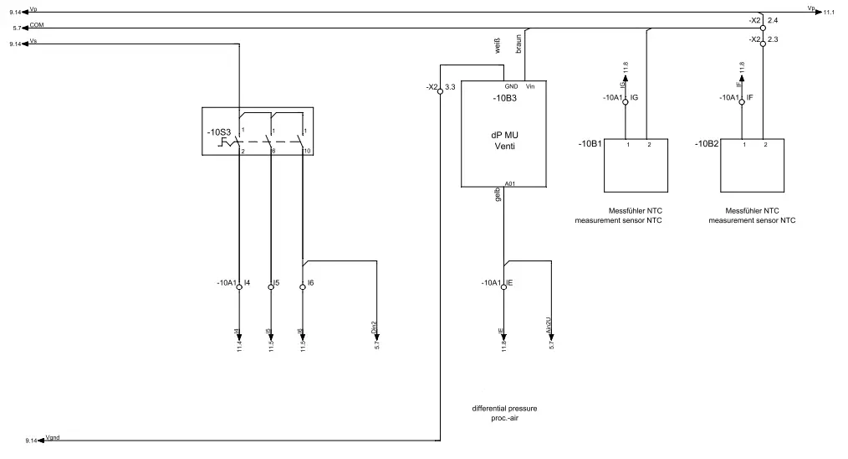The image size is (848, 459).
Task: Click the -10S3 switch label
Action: click(x=219, y=132)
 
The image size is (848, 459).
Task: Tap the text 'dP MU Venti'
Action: click(x=504, y=139)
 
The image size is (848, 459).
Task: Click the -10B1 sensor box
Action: click(x=638, y=168)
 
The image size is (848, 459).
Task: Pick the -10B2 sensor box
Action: click(x=755, y=168)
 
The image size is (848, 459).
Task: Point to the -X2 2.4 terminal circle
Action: click(x=763, y=27)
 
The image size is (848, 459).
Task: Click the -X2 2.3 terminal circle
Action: click(x=763, y=47)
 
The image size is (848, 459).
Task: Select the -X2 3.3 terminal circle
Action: click(x=440, y=93)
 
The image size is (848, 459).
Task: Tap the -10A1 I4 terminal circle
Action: click(x=239, y=286)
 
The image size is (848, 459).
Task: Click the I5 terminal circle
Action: click(x=271, y=286)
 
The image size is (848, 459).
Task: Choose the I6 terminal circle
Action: click(x=302, y=286)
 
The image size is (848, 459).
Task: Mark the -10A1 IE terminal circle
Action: click(x=503, y=286)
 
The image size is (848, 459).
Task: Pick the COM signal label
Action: click(x=37, y=24)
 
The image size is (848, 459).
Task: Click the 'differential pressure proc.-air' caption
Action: click(x=504, y=413)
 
